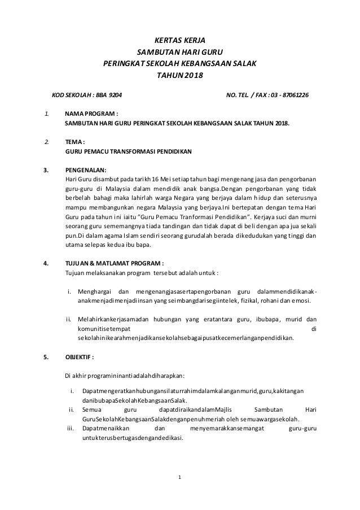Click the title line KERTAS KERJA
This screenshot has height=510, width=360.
pyautogui.click(x=179, y=40)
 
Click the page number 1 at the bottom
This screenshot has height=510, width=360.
pyautogui.click(x=179, y=478)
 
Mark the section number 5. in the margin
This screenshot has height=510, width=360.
pyautogui.click(x=46, y=358)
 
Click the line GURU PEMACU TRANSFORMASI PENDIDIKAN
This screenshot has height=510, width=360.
pyautogui.click(x=129, y=152)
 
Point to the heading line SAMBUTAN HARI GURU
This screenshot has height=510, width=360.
pyautogui.click(x=179, y=51)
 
